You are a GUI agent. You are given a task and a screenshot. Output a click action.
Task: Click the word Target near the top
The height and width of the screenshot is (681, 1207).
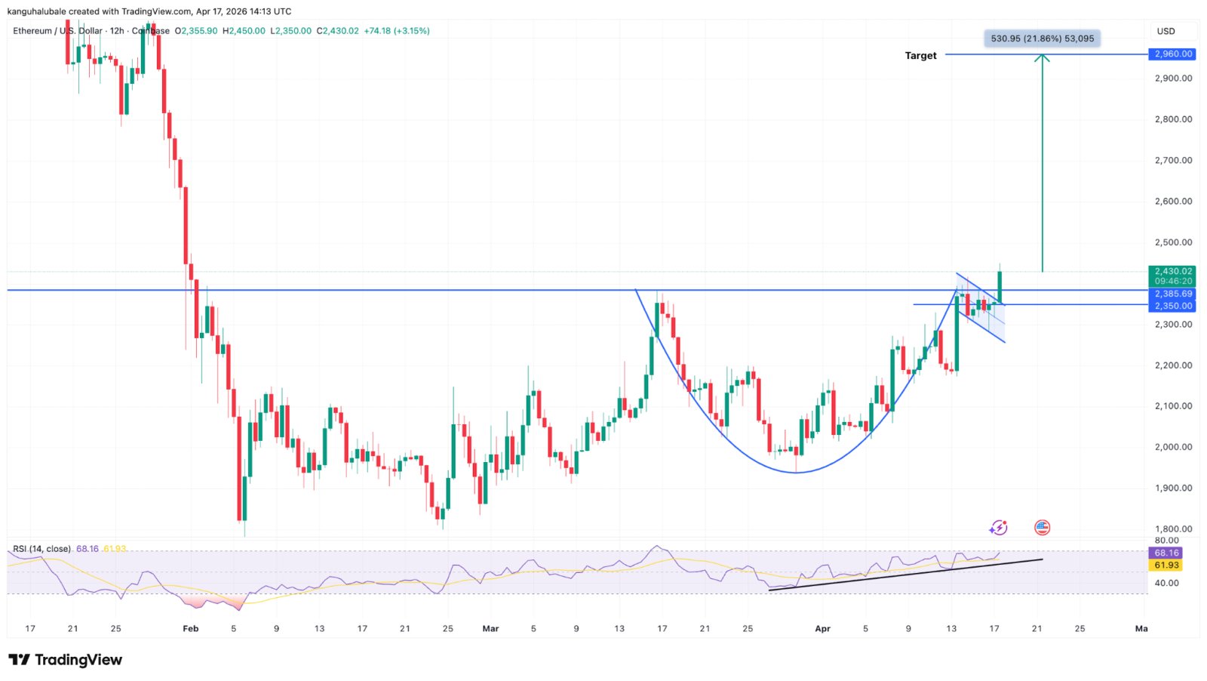(x=920, y=56)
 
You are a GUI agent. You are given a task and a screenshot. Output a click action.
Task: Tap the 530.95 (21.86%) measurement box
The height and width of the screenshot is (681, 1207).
(x=1042, y=39)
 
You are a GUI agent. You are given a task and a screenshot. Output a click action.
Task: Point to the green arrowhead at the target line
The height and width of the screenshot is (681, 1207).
(x=1042, y=57)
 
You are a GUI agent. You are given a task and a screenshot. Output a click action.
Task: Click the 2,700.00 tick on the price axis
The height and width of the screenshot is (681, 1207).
(x=1173, y=160)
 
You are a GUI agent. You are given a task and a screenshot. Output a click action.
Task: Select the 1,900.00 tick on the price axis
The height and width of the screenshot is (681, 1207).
(x=1173, y=488)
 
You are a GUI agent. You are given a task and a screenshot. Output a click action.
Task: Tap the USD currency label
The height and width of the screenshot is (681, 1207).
(x=1166, y=31)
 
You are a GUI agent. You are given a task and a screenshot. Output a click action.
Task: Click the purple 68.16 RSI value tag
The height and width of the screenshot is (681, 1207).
(x=1166, y=553)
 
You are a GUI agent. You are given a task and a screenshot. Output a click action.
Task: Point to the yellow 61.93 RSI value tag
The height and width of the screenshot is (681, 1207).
(x=1166, y=565)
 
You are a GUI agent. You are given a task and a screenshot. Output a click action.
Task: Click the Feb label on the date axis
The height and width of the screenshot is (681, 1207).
(x=191, y=628)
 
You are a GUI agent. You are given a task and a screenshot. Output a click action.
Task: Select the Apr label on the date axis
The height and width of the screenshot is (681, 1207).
(x=822, y=628)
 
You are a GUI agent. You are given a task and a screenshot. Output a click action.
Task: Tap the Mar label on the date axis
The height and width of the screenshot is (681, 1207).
(x=490, y=628)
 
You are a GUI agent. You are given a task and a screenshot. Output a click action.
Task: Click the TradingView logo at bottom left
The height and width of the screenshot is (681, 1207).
(x=66, y=660)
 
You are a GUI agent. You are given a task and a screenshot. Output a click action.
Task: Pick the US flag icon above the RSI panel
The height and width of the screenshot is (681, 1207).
(x=1042, y=528)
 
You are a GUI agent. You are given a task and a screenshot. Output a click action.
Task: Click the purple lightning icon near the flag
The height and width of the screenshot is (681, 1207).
(x=999, y=528)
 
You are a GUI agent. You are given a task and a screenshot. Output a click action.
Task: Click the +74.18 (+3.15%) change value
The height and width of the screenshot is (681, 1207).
(x=397, y=31)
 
